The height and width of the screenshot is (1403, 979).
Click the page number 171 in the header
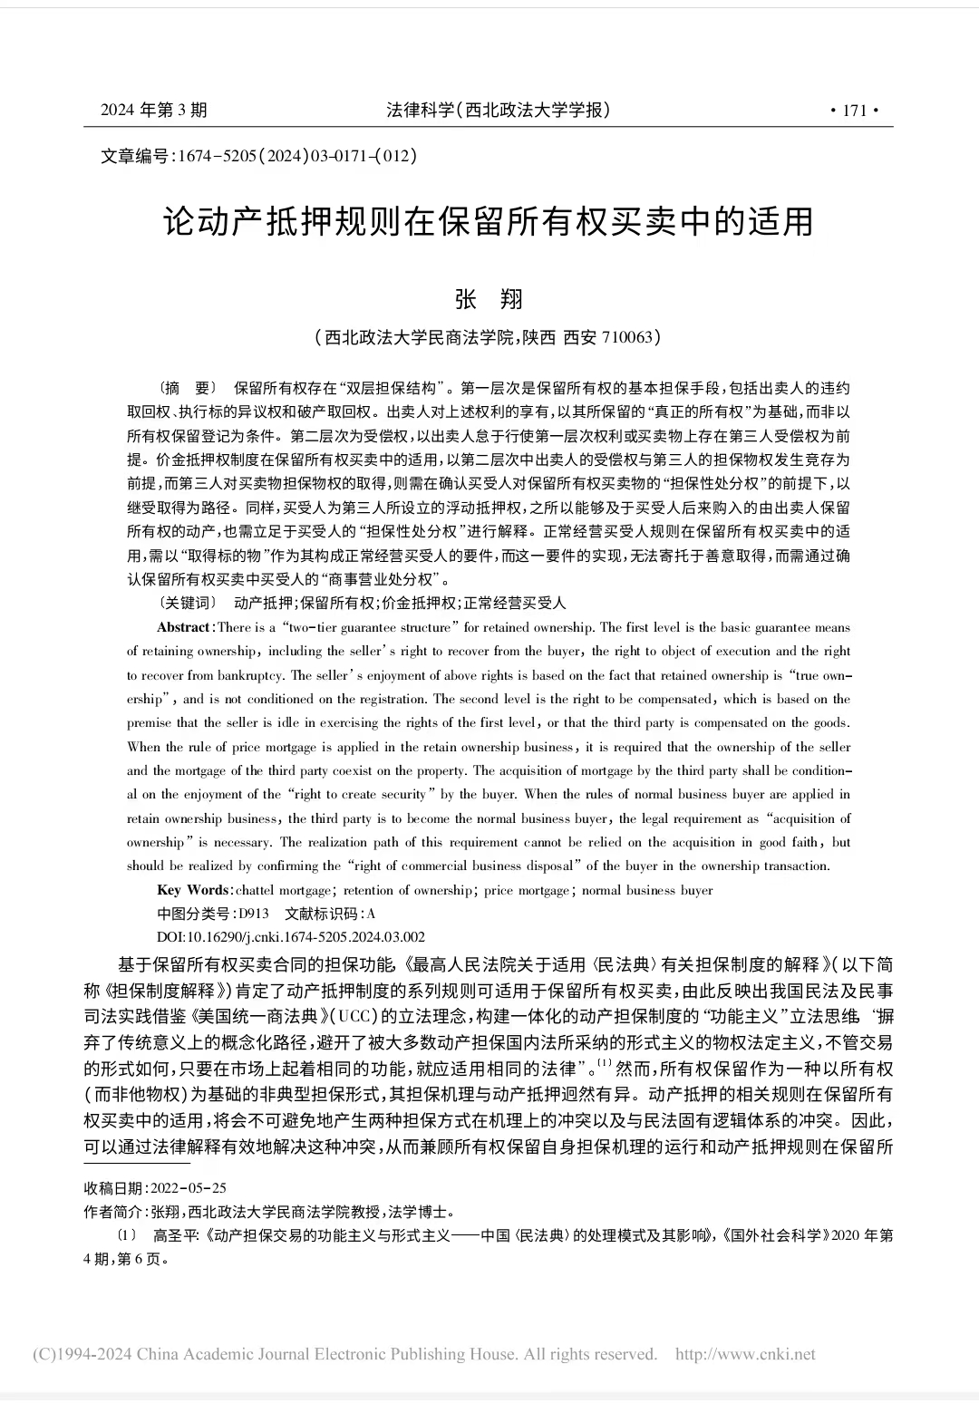(855, 111)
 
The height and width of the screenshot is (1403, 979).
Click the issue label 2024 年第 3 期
(153, 111)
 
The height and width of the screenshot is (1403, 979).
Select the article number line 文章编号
(258, 156)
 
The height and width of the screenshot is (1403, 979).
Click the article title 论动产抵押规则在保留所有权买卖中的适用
(489, 222)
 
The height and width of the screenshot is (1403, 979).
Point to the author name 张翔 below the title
(489, 300)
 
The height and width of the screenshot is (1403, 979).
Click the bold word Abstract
(184, 627)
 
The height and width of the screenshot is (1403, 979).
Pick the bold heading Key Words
(194, 890)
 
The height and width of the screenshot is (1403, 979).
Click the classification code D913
(254, 914)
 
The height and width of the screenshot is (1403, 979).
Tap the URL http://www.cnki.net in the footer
(745, 1354)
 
